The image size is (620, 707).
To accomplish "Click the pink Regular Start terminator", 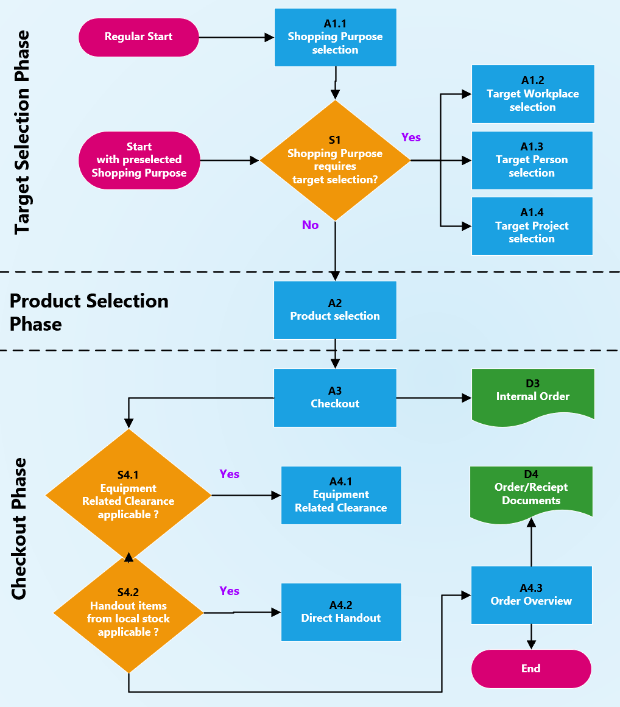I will [x=139, y=37].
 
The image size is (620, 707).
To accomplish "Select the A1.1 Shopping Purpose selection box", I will [x=335, y=37].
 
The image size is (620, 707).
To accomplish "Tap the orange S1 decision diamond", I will [x=335, y=160].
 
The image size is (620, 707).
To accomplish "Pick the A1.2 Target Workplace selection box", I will [x=533, y=94].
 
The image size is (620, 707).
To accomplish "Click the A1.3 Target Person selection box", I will [x=532, y=160].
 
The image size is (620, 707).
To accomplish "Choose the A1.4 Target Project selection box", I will [x=532, y=226].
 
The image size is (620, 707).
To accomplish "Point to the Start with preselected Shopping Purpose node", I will [x=139, y=160].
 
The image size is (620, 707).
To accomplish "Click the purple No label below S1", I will [x=310, y=225].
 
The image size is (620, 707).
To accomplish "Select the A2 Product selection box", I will [x=335, y=310].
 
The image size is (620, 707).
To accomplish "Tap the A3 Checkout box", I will [x=335, y=398].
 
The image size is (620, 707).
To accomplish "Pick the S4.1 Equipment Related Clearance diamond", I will [x=128, y=494].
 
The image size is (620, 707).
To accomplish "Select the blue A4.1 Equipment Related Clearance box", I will [x=341, y=495].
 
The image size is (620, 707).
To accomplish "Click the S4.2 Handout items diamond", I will [x=128, y=612].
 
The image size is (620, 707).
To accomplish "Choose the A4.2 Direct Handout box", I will [x=341, y=612].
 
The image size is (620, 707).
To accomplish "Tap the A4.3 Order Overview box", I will [x=531, y=595].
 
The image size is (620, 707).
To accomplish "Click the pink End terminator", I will [x=531, y=669].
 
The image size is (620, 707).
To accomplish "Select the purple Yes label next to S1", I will [x=411, y=138].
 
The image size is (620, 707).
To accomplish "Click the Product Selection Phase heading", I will [x=89, y=312].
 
